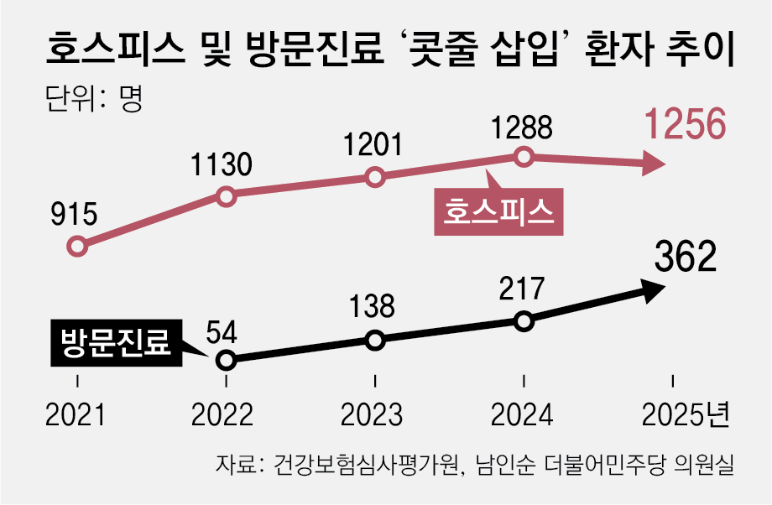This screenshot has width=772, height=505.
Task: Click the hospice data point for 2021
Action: click(x=77, y=246)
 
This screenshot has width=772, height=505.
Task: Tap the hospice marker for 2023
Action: click(x=375, y=177)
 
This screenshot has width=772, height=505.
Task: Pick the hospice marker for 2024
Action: click(x=524, y=156)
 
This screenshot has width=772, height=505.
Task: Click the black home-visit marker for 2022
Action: click(x=225, y=360)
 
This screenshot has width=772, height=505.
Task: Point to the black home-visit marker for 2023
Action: click(x=375, y=340)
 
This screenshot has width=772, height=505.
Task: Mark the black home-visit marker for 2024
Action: click(x=524, y=320)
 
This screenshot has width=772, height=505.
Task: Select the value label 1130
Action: click(x=221, y=164)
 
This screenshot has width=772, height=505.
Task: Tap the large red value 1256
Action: click(x=683, y=125)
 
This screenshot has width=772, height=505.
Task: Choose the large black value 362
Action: click(x=685, y=257)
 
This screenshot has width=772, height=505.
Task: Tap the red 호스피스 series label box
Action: click(x=497, y=210)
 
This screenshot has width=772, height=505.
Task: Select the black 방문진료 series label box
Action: click(x=116, y=342)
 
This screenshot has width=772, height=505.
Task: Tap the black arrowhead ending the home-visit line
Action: click(x=655, y=289)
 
